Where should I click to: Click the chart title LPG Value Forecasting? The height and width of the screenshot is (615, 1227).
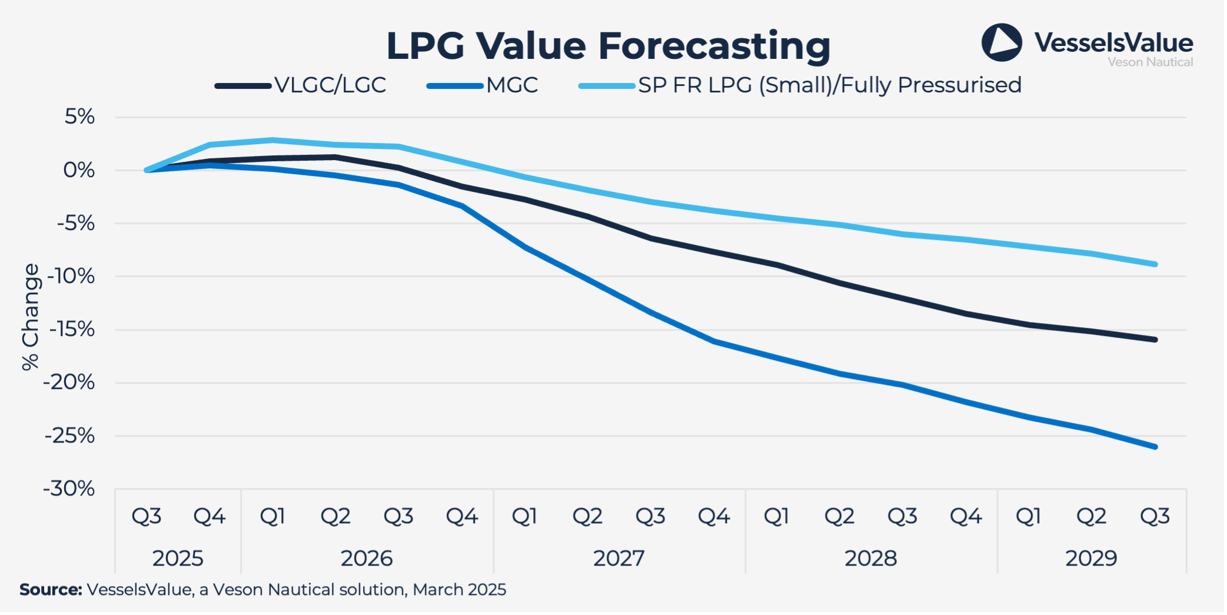click(608, 46)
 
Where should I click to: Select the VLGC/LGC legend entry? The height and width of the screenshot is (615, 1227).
click(330, 85)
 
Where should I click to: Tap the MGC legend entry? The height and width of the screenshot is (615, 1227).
click(511, 85)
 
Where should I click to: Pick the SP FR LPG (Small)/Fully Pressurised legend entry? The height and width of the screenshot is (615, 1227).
click(829, 85)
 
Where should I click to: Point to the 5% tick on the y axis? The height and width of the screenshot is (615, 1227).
click(79, 117)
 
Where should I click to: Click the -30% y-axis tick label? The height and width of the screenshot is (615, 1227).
click(69, 488)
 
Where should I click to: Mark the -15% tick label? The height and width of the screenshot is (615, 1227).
click(72, 330)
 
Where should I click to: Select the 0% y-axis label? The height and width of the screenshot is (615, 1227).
click(79, 170)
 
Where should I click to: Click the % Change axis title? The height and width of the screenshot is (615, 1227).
click(30, 317)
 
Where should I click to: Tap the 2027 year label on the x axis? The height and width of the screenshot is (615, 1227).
click(619, 558)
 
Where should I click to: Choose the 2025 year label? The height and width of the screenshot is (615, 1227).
click(178, 558)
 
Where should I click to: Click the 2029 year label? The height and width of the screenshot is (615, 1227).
click(1091, 558)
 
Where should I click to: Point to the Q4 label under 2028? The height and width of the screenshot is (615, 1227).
click(966, 517)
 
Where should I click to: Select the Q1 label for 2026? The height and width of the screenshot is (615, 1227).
click(272, 517)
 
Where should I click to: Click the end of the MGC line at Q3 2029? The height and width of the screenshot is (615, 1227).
click(1155, 447)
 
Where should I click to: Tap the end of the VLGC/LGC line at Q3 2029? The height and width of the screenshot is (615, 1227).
click(1155, 340)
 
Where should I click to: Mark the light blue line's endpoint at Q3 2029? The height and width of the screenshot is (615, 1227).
click(1155, 264)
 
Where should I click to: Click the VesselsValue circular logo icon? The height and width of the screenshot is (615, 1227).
click(1001, 42)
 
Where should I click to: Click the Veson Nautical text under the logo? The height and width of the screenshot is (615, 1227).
click(1150, 62)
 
